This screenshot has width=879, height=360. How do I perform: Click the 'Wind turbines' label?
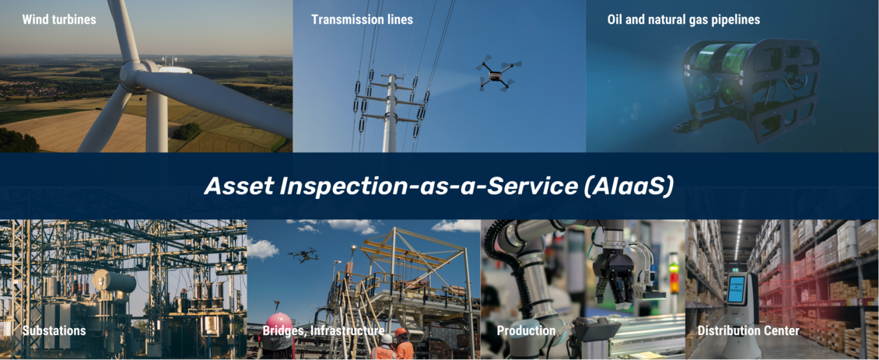tap(59, 19)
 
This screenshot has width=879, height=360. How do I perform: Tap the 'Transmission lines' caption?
tap(362, 19)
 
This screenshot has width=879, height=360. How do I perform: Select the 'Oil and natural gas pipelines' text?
tap(683, 19)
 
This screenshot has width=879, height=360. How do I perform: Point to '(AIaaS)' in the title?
tap(627, 186)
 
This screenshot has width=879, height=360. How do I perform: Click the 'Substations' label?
tap(54, 330)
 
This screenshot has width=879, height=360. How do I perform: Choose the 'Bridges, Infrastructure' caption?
tap(324, 330)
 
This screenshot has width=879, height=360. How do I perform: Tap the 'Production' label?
tap(526, 330)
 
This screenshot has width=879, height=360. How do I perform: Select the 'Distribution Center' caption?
tap(748, 330)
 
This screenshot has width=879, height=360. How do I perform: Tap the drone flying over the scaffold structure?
tap(303, 255)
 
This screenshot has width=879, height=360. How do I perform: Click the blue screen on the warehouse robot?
tap(736, 290)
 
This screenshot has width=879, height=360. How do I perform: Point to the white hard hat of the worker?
tap(387, 339)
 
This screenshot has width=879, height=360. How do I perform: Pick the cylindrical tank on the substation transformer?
tap(114, 281)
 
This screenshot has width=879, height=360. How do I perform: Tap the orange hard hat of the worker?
tap(401, 333)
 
